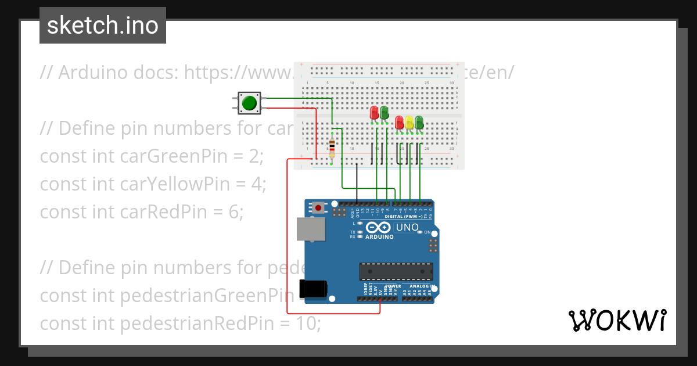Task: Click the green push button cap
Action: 249,103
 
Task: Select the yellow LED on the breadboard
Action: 409,123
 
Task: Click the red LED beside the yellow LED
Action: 399,122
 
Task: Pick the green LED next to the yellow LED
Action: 419,122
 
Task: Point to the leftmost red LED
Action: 374,112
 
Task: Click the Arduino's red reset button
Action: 318,207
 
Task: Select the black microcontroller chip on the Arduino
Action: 396,271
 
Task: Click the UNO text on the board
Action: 407,227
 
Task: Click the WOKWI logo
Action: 616,320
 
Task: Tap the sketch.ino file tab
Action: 103,26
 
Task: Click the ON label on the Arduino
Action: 427,232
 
